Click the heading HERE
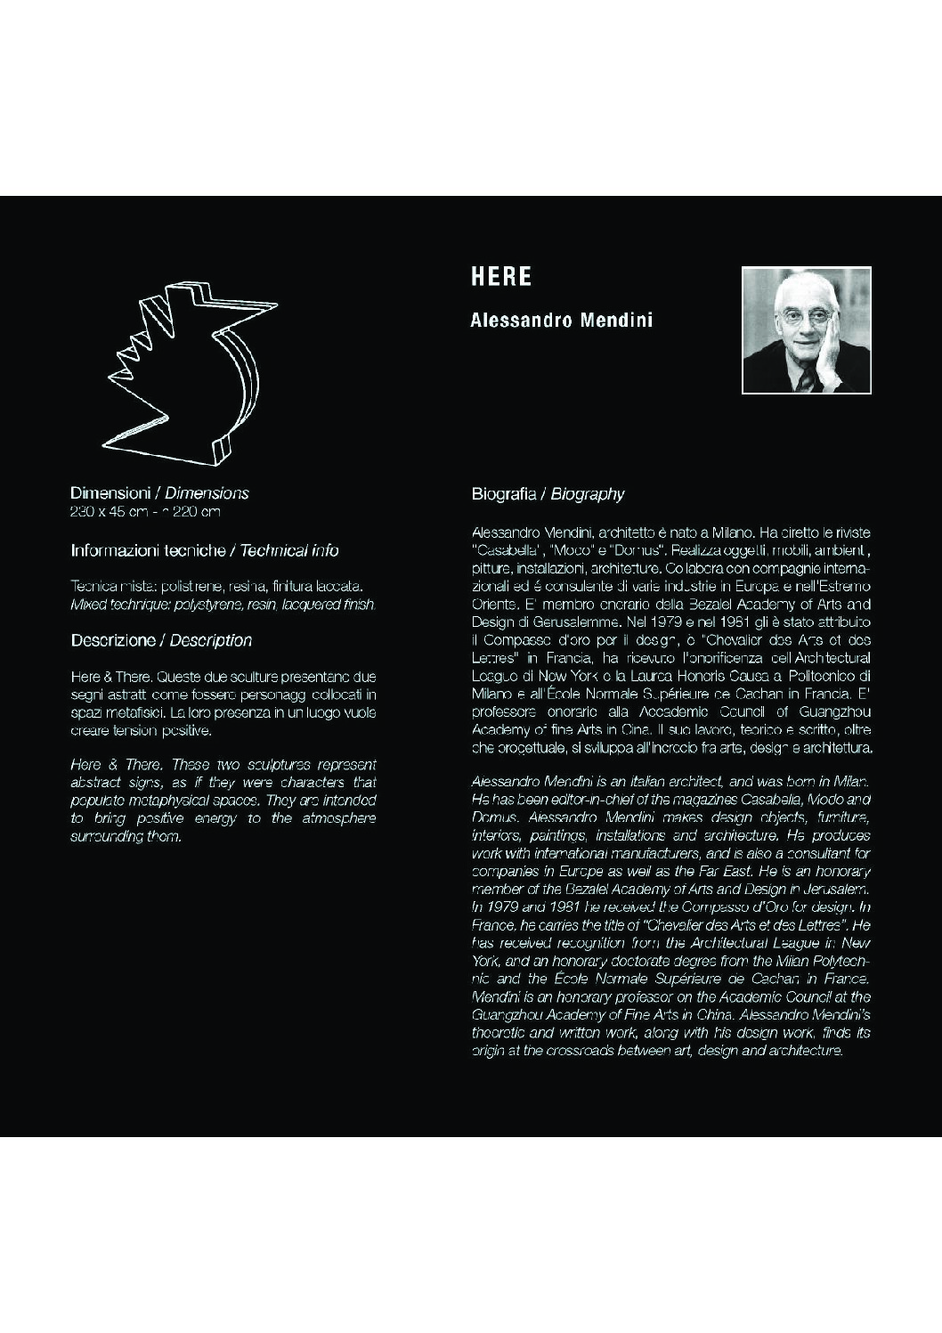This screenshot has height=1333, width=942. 501,277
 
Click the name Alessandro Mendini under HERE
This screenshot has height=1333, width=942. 561,320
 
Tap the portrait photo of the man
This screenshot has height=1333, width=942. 806,329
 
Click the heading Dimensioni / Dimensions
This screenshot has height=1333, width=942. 159,493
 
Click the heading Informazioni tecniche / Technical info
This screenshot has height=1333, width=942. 204,551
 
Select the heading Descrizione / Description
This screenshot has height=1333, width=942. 161,640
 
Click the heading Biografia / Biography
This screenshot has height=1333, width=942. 548,494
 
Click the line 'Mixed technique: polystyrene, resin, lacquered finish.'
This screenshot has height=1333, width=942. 223,605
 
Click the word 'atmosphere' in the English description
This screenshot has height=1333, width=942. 337,818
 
